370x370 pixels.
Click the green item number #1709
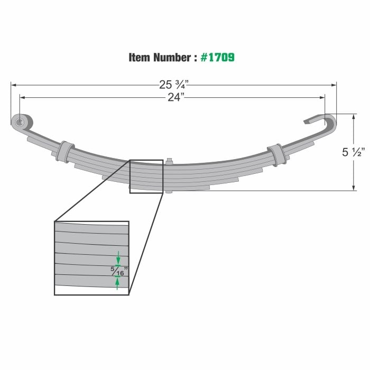(x=218, y=57)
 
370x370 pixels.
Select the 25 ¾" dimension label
(x=174, y=84)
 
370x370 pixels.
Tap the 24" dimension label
(x=174, y=97)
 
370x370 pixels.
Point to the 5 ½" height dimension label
(x=353, y=153)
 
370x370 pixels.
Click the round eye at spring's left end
(x=20, y=123)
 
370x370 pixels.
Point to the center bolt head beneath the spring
(x=169, y=191)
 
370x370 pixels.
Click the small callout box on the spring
(x=146, y=177)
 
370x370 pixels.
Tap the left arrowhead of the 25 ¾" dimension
(x=13, y=84)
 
